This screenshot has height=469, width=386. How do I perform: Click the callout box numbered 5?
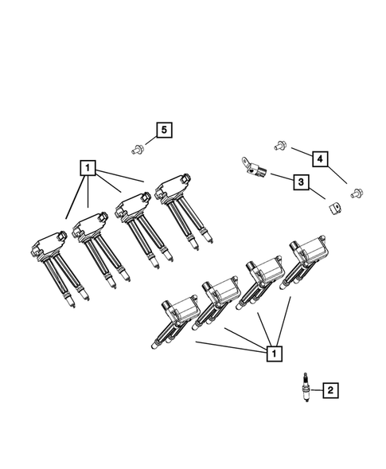163,130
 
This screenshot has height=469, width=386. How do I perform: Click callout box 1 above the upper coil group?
87,168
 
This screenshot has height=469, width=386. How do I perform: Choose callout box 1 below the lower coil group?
273,350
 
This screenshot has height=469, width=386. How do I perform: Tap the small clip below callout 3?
333,208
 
